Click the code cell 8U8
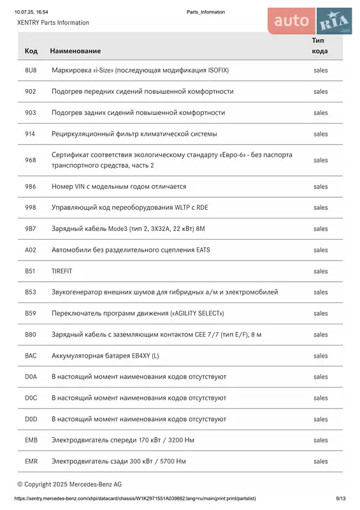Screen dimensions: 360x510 (x=31, y=70)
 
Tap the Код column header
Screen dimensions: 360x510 (x=31, y=50)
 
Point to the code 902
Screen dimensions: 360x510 (x=31, y=91)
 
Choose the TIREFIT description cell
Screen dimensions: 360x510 (x=62, y=271)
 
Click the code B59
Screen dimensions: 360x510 (x=31, y=314)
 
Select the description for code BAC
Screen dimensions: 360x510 (x=105, y=356)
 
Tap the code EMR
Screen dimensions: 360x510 (x=31, y=461)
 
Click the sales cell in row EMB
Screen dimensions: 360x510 (x=320, y=440)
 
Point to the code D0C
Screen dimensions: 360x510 (x=31, y=398)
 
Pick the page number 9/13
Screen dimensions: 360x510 (x=340, y=499)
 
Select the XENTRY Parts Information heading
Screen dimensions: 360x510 (x=54, y=22)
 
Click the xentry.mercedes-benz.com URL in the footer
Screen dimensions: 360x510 (x=134, y=499)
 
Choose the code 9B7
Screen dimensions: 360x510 (x=31, y=229)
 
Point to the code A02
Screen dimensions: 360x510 (x=31, y=250)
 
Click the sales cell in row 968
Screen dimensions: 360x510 (x=320, y=160)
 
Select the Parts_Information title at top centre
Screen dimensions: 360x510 (x=206, y=12)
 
